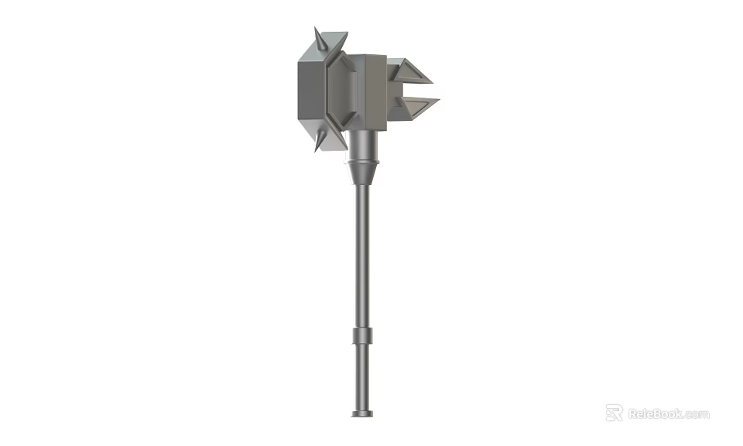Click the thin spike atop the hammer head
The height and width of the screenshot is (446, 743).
point(317,39)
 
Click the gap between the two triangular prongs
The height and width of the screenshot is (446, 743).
point(414,89)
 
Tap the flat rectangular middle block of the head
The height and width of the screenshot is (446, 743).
point(375,91)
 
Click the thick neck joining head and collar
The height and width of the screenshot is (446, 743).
point(363,143)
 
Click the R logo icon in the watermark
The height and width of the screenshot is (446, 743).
point(614,413)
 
